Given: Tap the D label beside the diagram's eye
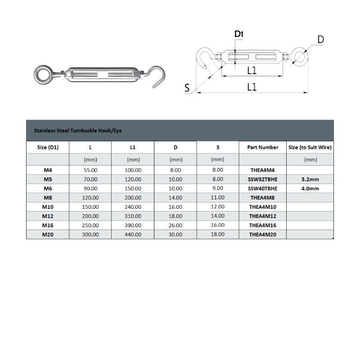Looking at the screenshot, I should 320,40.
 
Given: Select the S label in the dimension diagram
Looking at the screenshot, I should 187,88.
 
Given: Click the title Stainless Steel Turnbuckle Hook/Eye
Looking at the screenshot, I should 78,131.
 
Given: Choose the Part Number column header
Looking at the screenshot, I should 263,147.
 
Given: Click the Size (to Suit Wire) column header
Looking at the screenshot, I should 310,147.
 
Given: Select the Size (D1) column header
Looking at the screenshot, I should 48,147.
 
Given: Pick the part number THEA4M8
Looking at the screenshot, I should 262,197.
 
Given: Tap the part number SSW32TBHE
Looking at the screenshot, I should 263,179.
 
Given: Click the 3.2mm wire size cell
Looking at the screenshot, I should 310,179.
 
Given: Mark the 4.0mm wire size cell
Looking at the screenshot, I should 310,188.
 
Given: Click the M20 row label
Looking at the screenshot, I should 48,234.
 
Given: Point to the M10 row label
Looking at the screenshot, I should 48,207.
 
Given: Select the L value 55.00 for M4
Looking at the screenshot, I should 91,170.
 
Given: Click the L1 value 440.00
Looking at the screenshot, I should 133,234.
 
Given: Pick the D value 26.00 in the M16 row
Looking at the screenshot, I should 175,225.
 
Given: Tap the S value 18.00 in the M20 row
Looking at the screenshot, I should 217,234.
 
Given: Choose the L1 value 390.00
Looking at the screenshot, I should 133,225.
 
